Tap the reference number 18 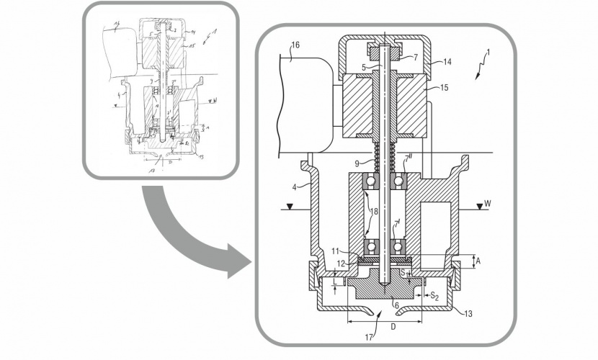point(374,210)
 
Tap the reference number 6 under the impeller point(396,305)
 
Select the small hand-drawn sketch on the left point(161,90)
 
